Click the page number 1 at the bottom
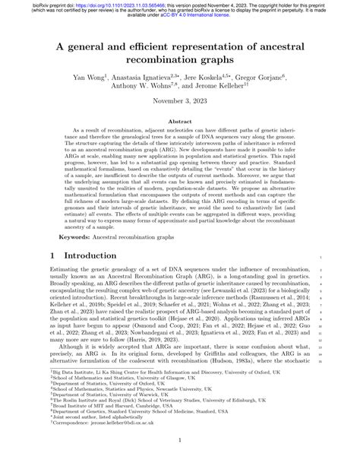pyautogui.click(x=180, y=440)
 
